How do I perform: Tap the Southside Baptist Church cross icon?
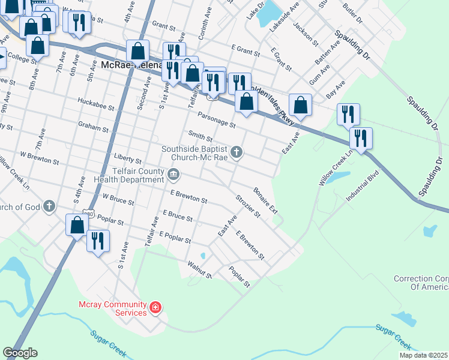[237, 152]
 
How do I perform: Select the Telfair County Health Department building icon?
[174, 175]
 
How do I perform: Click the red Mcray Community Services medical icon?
[155, 308]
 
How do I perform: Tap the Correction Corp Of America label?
[421, 283]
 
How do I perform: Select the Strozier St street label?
[247, 206]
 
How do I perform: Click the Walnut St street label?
[200, 269]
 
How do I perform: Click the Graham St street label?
[93, 128]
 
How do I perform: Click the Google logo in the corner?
[20, 353]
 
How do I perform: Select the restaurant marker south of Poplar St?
[98, 241]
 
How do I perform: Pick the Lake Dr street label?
[255, 14]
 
